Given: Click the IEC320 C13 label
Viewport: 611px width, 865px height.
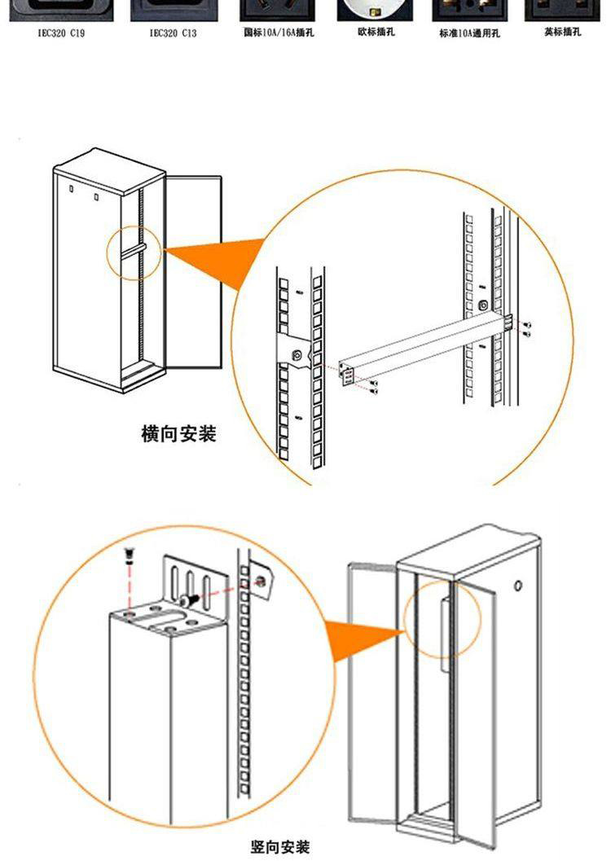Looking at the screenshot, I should pyautogui.click(x=173, y=33).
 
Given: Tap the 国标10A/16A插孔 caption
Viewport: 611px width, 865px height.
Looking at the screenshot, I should pyautogui.click(x=279, y=33).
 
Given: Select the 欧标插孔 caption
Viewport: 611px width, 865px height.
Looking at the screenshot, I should pyautogui.click(x=376, y=32).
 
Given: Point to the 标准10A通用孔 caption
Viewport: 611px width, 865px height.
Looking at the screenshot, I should pyautogui.click(x=469, y=33).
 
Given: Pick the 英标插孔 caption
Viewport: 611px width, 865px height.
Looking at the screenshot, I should pyautogui.click(x=563, y=32).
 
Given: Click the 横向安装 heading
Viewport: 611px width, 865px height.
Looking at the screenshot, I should pyautogui.click(x=178, y=434).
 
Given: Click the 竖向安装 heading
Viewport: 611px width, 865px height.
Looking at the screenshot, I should pyautogui.click(x=280, y=848).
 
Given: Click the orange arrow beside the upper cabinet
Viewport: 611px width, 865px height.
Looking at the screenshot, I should pyautogui.click(x=216, y=258).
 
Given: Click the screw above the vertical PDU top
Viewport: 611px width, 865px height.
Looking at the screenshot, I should pyautogui.click(x=128, y=557).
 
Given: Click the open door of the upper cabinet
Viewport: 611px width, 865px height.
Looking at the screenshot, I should pyautogui.click(x=192, y=269).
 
